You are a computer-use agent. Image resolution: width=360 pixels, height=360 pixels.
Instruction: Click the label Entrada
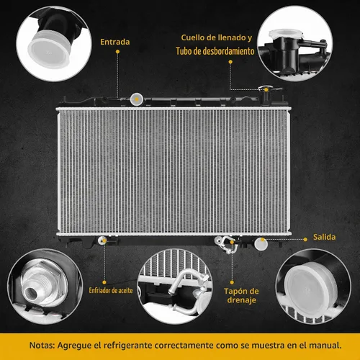coord(115,42)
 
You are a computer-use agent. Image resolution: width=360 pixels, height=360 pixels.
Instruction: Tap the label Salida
coord(324,237)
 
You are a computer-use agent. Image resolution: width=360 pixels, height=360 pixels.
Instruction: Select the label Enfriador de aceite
coord(111,291)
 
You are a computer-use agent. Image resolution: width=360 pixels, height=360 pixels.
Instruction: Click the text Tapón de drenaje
coord(241,295)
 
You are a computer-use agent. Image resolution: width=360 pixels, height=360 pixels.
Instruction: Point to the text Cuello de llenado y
coord(217,37)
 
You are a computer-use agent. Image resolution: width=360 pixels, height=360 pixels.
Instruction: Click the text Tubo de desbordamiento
coord(215,51)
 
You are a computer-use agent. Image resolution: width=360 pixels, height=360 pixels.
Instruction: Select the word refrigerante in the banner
coord(128,346)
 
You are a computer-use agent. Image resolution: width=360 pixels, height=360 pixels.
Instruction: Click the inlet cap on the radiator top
coord(137,99)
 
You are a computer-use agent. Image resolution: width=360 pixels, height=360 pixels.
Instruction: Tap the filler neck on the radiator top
coord(266,95)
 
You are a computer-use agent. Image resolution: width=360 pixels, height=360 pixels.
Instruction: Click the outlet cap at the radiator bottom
coord(261,244)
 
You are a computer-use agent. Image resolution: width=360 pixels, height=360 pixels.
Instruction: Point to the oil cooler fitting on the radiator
coord(102,240)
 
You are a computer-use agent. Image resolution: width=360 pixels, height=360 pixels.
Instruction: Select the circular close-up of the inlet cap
coord(54,44)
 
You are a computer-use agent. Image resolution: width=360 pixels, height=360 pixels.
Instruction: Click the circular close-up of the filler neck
coord(294,43)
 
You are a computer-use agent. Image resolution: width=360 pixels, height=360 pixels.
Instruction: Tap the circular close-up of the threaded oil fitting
coord(45,287)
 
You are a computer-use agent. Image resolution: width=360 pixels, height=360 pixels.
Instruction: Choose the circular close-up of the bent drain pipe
coord(175,287)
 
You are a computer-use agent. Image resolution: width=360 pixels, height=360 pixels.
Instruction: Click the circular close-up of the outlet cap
coord(313,287)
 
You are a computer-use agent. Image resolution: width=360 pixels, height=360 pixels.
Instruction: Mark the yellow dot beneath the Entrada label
coord(117,52)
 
